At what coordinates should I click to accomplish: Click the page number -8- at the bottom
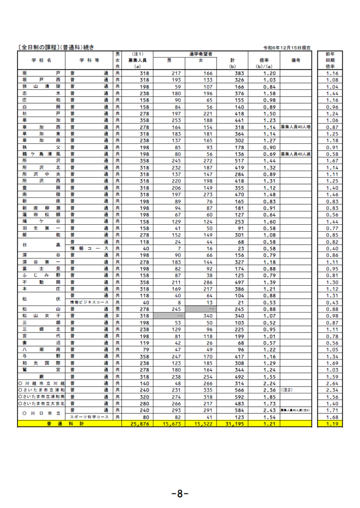point(179,494)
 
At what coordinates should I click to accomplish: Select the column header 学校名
point(42,60)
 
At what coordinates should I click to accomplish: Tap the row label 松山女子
point(42,315)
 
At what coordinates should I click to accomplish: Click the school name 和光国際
point(42,363)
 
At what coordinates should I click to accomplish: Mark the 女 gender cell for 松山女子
point(118,315)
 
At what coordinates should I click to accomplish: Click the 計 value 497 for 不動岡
point(235,281)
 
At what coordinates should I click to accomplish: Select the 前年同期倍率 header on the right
point(330,60)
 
